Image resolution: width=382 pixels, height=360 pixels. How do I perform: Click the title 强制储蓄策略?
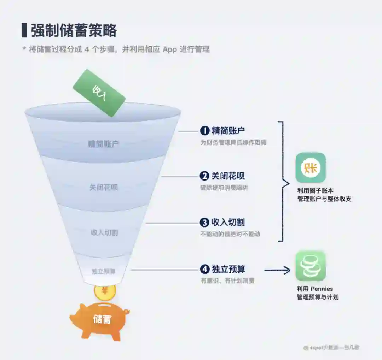[74, 31]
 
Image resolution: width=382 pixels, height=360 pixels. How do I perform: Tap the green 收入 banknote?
[99, 93]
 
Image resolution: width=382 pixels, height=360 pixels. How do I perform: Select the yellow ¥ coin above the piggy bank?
[105, 291]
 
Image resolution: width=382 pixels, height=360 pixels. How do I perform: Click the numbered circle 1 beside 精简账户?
[204, 131]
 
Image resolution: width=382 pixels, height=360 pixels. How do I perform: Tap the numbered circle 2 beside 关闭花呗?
[204, 176]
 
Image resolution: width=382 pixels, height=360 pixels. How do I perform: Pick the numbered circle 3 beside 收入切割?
[204, 223]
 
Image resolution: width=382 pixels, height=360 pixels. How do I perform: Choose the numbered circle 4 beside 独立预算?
[204, 270]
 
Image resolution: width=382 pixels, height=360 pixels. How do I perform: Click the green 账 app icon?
[311, 167]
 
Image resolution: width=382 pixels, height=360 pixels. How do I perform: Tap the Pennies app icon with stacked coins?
[311, 266]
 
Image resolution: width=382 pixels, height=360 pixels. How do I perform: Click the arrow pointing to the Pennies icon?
[278, 271]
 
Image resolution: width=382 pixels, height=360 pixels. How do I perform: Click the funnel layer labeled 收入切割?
[104, 232]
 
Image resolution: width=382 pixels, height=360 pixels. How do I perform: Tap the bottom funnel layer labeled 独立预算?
[104, 271]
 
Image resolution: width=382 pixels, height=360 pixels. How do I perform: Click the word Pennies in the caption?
[322, 289]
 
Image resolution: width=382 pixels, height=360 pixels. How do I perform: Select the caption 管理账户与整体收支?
[324, 199]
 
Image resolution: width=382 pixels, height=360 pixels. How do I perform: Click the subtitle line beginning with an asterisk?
[116, 49]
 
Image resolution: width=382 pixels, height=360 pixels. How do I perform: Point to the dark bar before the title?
[24, 30]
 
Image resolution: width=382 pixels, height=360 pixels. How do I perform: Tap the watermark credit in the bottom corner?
[331, 348]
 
